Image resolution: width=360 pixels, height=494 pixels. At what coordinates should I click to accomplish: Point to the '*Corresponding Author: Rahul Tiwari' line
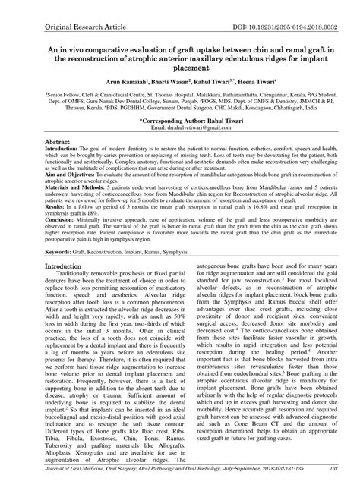[x=179, y=121]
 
